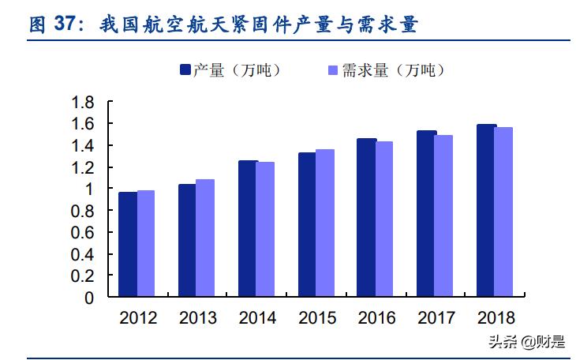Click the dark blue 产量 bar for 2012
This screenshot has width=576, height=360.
(127, 245)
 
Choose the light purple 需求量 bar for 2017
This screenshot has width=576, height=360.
(443, 216)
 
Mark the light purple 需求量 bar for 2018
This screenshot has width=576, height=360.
(503, 212)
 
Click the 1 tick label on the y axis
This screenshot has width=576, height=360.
(89, 189)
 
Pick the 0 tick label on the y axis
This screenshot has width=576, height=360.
(89, 298)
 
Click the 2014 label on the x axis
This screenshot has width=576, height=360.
(257, 318)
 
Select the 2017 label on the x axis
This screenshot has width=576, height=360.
(436, 318)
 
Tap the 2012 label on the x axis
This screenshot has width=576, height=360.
(137, 318)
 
